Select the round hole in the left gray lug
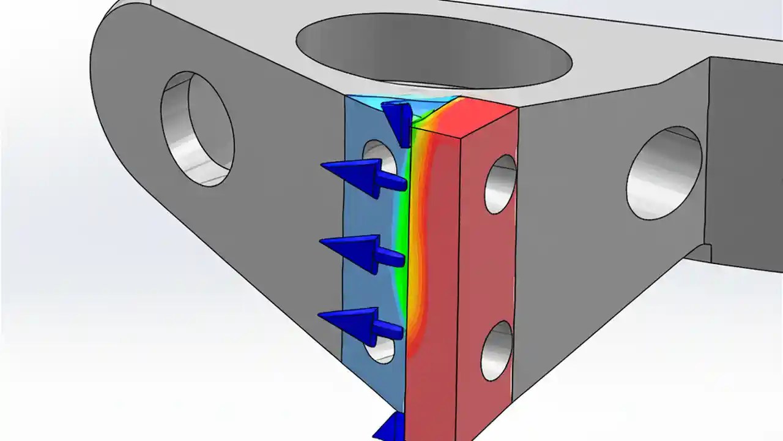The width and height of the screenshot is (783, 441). click(x=197, y=129)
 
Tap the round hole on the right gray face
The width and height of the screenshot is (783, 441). click(x=664, y=171)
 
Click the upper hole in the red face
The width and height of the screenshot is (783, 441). click(x=501, y=184)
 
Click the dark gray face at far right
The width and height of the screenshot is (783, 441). click(x=746, y=153)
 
